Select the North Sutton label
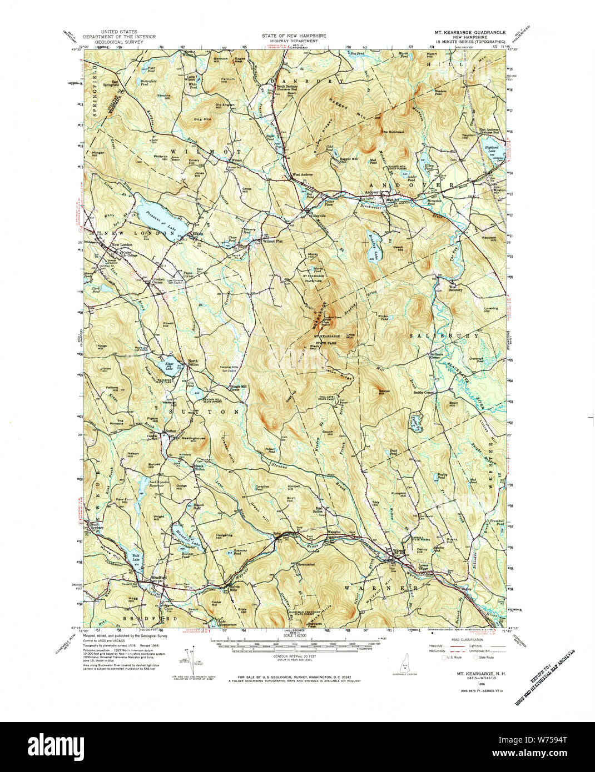pos(193,363)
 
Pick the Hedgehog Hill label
pos(223,535)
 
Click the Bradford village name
pos(159,578)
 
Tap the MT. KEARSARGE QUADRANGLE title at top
pos(470,33)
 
